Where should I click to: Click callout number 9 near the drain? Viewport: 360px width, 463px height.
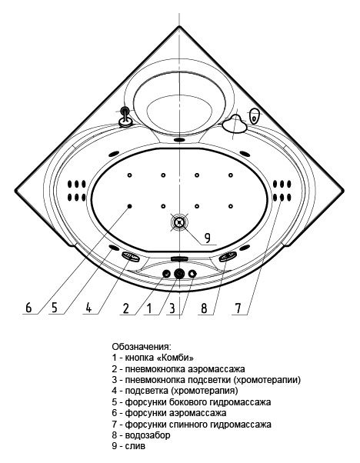pyautogui.click(x=208, y=238)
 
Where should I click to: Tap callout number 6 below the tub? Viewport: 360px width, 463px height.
pyautogui.click(x=28, y=308)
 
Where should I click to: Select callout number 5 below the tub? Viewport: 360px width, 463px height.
pyautogui.click(x=55, y=308)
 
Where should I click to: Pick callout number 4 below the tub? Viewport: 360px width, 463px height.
pyautogui.click(x=88, y=308)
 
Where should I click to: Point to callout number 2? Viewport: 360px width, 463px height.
pyautogui.click(x=126, y=308)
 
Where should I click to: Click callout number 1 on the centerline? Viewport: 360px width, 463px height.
pyautogui.click(x=149, y=308)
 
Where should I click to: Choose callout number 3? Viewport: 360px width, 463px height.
pyautogui.click(x=172, y=308)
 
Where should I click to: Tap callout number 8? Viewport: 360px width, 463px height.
pyautogui.click(x=204, y=308)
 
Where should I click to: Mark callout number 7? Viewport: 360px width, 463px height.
pyautogui.click(x=238, y=308)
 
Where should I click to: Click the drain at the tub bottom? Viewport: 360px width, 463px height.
pyautogui.click(x=179, y=222)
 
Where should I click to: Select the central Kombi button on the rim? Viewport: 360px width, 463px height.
pyautogui.click(x=179, y=274)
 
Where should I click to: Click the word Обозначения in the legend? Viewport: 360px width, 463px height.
pyautogui.click(x=142, y=346)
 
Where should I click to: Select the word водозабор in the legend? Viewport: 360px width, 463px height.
pyautogui.click(x=148, y=435)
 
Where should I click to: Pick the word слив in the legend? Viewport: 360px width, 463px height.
pyautogui.click(x=135, y=446)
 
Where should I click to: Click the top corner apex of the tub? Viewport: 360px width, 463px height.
pyautogui.click(x=179, y=26)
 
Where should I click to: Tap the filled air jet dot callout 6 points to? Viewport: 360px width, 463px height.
pyautogui.click(x=130, y=206)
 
